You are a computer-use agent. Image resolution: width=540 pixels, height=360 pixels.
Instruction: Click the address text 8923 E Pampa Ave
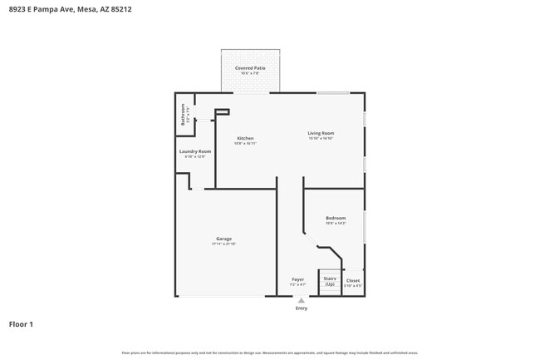[42, 10]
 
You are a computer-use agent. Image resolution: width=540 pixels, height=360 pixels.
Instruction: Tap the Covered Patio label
[250, 67]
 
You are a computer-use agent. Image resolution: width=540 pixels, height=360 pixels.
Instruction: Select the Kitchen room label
[245, 138]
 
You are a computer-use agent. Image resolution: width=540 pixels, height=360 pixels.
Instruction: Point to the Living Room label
[321, 133]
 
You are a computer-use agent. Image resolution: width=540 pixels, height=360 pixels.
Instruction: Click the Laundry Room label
[195, 151]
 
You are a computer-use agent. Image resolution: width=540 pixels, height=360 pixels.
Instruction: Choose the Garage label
[223, 239]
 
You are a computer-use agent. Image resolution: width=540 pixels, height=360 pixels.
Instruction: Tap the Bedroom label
[335, 218]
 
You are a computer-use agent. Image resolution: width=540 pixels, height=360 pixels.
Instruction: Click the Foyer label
[297, 279]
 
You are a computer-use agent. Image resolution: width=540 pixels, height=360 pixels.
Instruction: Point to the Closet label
[353, 281]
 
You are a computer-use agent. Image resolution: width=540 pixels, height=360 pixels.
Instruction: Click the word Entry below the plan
[301, 308]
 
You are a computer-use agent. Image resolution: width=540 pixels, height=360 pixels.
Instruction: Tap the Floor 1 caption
[21, 324]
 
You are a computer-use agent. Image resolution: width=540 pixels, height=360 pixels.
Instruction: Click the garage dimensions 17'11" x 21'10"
[223, 244]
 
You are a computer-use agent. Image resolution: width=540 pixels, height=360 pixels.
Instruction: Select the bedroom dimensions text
[335, 224]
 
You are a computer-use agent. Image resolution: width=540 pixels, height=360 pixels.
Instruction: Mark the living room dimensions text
[321, 139]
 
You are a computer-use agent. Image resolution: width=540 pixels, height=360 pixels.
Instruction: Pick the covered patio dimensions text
[250, 73]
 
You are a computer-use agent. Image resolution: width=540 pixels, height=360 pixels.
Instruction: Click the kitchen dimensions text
[245, 144]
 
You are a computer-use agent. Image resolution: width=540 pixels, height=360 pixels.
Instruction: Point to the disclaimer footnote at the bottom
[270, 353]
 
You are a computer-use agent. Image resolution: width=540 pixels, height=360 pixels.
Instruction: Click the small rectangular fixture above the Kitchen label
[222, 112]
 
